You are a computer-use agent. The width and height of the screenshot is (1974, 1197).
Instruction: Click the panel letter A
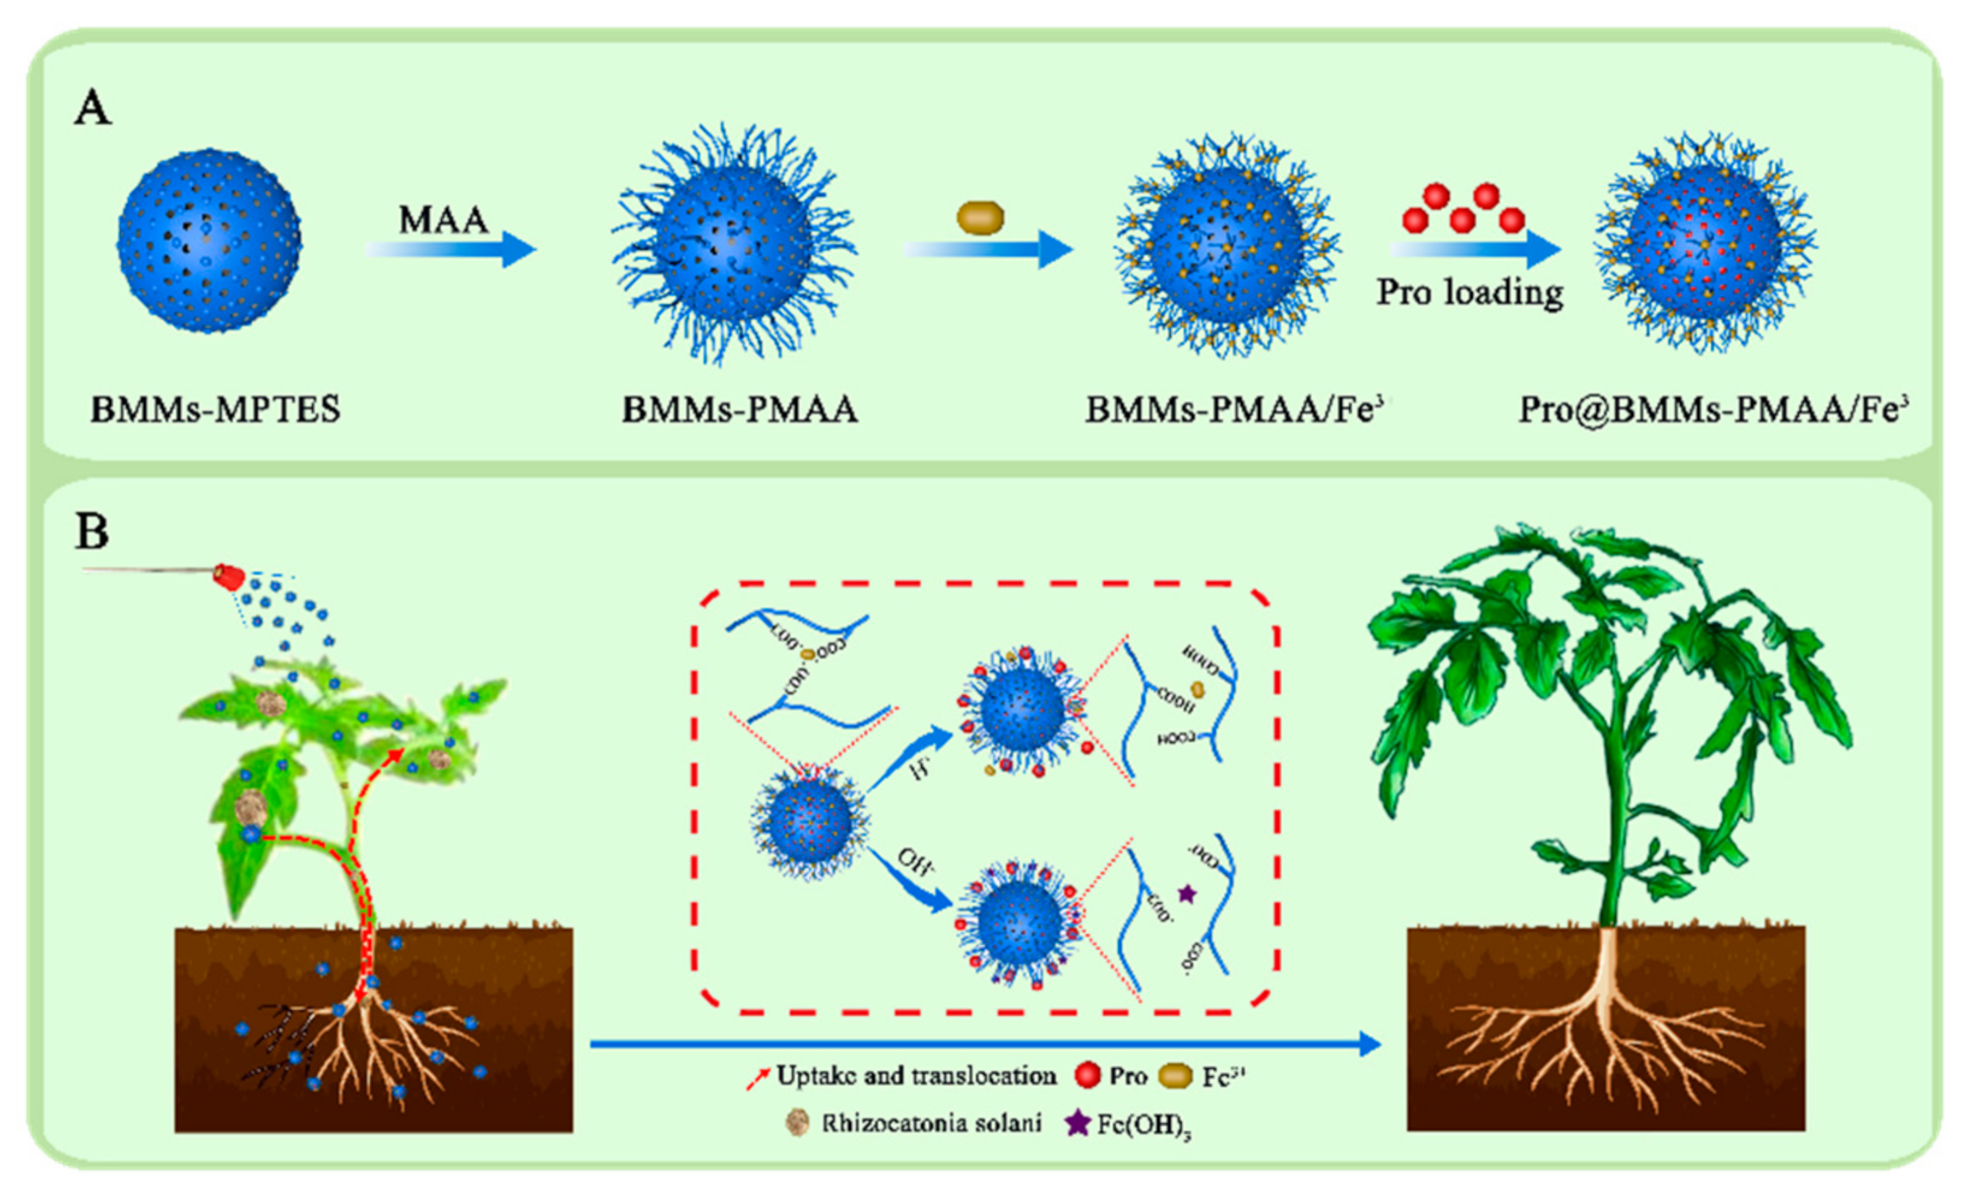(93, 107)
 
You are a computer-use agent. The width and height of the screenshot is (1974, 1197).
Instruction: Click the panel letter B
(93, 532)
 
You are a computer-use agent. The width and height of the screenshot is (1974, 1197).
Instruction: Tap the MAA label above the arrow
(443, 220)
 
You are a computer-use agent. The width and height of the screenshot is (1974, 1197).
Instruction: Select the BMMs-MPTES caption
(216, 409)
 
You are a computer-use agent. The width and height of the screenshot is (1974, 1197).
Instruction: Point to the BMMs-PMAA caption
(739, 409)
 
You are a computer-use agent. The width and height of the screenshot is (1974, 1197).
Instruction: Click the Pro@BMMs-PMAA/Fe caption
(1713, 409)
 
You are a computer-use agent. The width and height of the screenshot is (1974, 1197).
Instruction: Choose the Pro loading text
(1469, 292)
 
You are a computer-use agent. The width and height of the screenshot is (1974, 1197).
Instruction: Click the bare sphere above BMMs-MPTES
(209, 240)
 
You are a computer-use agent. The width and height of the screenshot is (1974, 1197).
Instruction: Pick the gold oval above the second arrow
(980, 217)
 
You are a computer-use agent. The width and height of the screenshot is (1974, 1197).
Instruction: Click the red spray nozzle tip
(228, 577)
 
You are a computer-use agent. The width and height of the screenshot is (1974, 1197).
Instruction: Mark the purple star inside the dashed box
(1187, 894)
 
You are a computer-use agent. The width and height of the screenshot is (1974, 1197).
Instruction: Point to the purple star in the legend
(1078, 1122)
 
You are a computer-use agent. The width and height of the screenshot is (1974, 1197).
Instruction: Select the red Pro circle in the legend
(1087, 1075)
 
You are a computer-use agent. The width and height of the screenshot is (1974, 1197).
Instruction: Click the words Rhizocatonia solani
(931, 1123)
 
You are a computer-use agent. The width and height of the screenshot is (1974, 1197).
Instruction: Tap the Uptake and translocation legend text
(915, 1076)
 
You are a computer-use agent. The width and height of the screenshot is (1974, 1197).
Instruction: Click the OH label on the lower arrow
(915, 861)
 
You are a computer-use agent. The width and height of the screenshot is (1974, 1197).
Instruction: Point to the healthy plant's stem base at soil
(1606, 929)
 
